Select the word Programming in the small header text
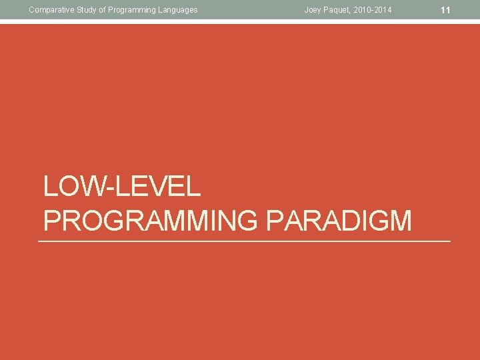click(129, 9)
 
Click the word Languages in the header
click(177, 9)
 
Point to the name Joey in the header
click(313, 9)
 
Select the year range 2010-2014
click(374, 9)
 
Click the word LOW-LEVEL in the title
click(122, 187)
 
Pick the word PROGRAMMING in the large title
click(150, 221)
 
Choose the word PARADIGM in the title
click(339, 221)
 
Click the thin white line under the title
click(244, 241)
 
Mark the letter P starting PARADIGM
click(273, 221)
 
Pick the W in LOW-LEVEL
click(97, 187)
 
